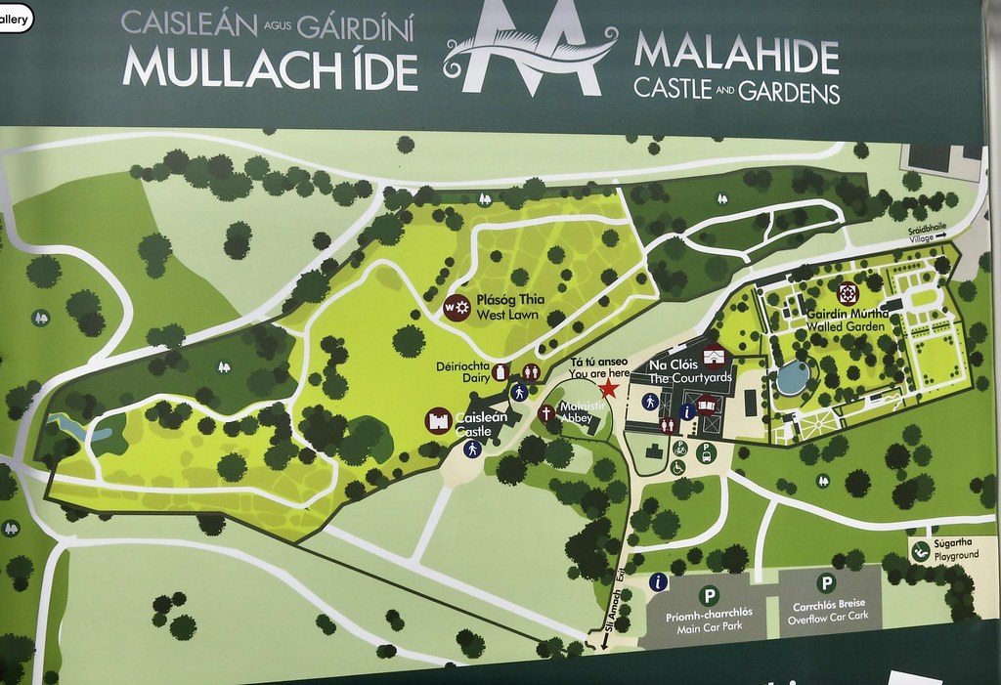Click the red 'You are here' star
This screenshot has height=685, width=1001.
[x=608, y=389]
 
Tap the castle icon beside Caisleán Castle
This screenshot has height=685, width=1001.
[x=438, y=422]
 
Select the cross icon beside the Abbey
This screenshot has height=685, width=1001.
[x=545, y=412]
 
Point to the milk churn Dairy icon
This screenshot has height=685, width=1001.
[x=500, y=372]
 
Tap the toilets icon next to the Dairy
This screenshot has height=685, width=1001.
[x=531, y=371]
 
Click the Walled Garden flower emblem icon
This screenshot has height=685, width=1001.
[x=848, y=292]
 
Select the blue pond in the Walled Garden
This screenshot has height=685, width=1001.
[x=793, y=376]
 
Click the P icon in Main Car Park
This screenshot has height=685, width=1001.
[x=709, y=595]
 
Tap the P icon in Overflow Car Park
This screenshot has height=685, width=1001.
[x=827, y=583]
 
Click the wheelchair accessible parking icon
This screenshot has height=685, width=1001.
[x=678, y=467]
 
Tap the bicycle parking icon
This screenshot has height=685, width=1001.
[x=680, y=449]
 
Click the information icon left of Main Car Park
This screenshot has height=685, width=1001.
[x=658, y=582]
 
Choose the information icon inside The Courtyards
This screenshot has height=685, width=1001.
[x=687, y=412]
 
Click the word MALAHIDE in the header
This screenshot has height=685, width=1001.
[x=736, y=57]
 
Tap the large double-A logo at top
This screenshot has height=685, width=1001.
[x=530, y=49]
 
